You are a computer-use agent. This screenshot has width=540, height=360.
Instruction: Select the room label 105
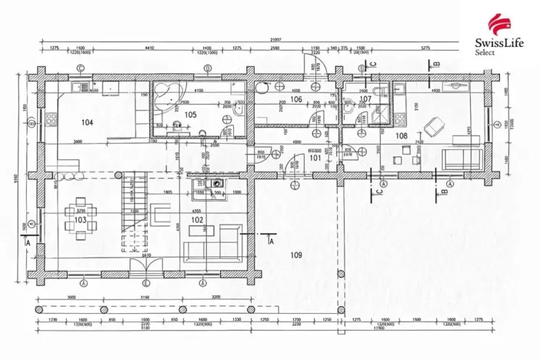point(190,115)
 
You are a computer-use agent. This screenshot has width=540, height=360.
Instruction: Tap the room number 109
point(295,255)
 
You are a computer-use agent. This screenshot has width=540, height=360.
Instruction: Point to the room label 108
point(401,136)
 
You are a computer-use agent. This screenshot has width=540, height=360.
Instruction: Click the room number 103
point(79,220)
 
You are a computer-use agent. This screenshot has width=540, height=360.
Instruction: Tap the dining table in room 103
point(79,209)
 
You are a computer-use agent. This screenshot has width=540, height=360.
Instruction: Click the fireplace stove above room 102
point(215,184)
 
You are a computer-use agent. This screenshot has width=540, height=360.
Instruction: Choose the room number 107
point(365,99)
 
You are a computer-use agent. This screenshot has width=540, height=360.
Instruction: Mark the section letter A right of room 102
point(271,241)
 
